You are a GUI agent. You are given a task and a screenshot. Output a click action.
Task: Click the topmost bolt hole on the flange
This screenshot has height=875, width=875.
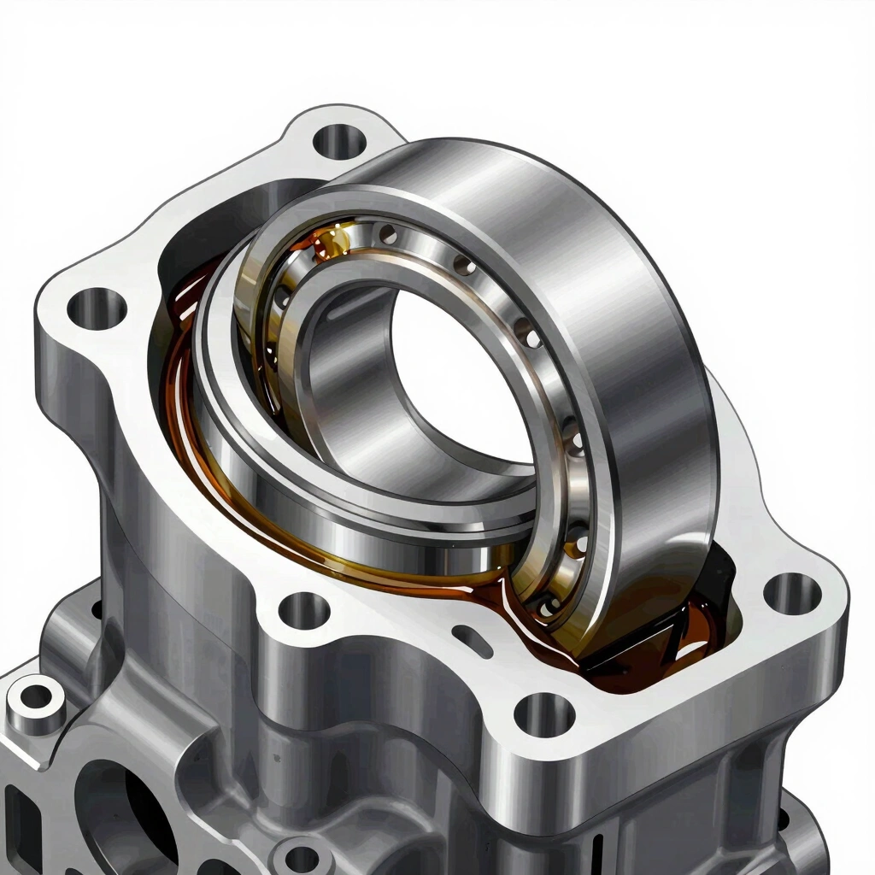click(339, 139)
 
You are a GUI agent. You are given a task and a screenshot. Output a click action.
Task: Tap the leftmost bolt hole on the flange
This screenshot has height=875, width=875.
click(97, 308)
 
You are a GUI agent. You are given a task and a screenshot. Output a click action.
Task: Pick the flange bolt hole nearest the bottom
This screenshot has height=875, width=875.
click(544, 714)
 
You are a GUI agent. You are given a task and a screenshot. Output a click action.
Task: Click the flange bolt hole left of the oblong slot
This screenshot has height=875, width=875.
click(304, 610)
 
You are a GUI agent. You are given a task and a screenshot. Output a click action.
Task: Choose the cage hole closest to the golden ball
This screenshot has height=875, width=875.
click(389, 233)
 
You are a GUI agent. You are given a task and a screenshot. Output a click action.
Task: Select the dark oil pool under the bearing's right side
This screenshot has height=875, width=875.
click(649, 658)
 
